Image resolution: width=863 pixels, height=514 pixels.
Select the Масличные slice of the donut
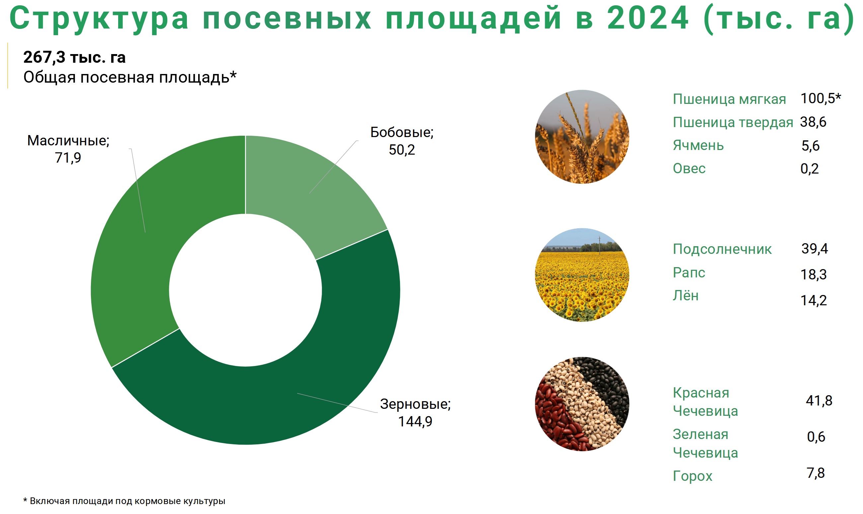(x=139, y=243)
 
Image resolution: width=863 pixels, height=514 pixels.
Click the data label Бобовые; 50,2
(x=402, y=141)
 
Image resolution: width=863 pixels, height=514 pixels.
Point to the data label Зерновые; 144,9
(x=415, y=412)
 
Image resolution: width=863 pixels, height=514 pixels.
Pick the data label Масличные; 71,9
(x=68, y=149)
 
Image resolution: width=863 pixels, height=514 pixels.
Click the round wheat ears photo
(x=582, y=137)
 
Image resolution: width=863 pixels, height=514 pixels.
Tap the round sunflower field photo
(x=582, y=275)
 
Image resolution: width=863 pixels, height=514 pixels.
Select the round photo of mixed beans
(x=582, y=404)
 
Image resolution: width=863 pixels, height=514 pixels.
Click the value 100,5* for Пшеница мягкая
(x=821, y=99)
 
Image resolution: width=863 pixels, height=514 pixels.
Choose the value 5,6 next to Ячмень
(x=810, y=146)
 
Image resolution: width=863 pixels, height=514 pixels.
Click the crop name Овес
(x=689, y=168)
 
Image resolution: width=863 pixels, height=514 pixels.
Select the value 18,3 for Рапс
(x=814, y=275)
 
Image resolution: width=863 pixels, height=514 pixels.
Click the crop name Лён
(x=686, y=295)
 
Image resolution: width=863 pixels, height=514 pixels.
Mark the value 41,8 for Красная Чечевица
(x=819, y=401)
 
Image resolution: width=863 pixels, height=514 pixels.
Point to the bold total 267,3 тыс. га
(x=74, y=57)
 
